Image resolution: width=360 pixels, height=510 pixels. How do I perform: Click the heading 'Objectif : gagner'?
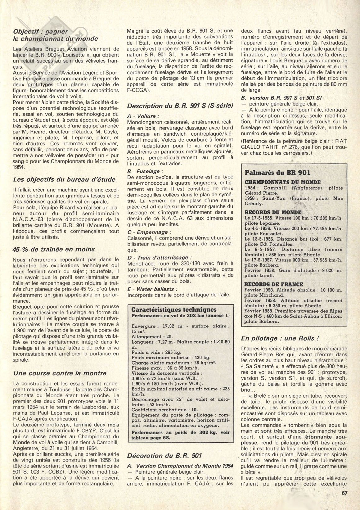click(x=41, y=32)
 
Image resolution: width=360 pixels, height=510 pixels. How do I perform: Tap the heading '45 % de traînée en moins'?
click(x=54, y=249)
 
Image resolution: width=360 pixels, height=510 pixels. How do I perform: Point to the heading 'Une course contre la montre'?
click(x=60, y=373)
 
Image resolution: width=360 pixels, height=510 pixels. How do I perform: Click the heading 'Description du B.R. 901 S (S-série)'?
click(x=180, y=106)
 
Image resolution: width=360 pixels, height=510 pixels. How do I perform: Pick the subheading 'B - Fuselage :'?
click(x=145, y=171)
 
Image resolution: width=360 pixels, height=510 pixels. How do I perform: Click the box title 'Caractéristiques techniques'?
click(x=174, y=309)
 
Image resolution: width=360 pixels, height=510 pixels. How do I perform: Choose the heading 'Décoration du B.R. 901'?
click(x=164, y=456)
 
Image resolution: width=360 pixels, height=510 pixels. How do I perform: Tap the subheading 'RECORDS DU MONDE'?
click(x=273, y=212)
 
